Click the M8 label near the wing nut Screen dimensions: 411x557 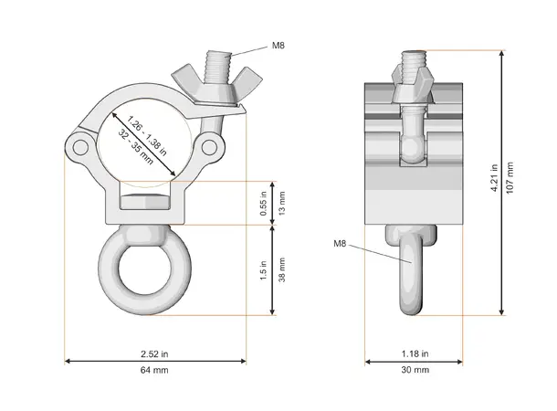point(278,45)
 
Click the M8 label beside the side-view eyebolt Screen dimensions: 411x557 point(340,243)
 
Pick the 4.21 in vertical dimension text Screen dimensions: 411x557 point(494,178)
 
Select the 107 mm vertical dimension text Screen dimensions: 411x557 point(510,178)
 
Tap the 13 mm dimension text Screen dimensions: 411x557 point(282,203)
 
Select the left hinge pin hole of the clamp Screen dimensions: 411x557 point(79,147)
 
